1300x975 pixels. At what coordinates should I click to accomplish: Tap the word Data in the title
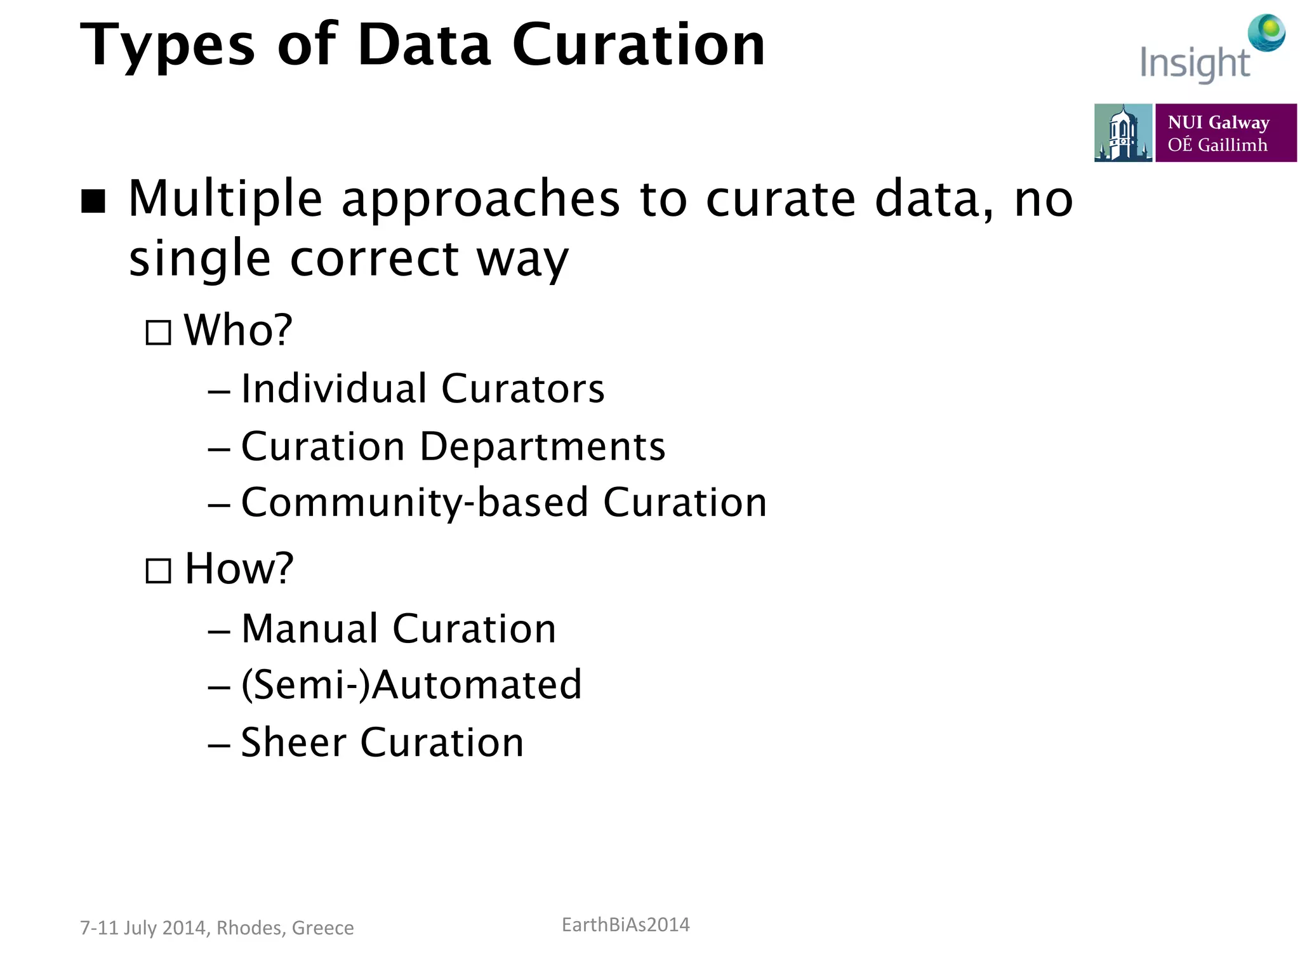click(x=424, y=46)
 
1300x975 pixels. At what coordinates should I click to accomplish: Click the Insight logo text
click(x=1195, y=64)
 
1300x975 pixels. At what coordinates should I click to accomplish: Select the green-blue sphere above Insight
click(x=1266, y=32)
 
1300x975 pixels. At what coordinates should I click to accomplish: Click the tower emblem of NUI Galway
click(x=1122, y=133)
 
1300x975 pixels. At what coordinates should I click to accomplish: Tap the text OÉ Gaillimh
click(x=1217, y=145)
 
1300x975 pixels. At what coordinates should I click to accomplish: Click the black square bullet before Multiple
click(x=93, y=201)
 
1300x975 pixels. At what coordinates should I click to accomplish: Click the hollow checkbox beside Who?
click(x=158, y=333)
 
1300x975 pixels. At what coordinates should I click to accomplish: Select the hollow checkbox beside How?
click(x=158, y=571)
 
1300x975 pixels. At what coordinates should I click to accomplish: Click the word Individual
click(x=333, y=388)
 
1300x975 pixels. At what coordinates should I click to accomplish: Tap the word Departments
click(x=542, y=446)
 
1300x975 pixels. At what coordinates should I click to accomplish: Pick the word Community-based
click(x=415, y=503)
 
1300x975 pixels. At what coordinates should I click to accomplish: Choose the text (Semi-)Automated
click(x=411, y=685)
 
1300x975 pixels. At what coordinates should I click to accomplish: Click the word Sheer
click(x=293, y=742)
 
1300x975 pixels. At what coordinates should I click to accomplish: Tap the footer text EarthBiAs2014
click(x=625, y=925)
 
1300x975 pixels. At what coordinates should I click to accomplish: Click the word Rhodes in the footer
click(x=250, y=928)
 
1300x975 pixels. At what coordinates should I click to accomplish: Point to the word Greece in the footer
click(x=322, y=928)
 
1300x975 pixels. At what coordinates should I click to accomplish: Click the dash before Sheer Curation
click(x=218, y=745)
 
